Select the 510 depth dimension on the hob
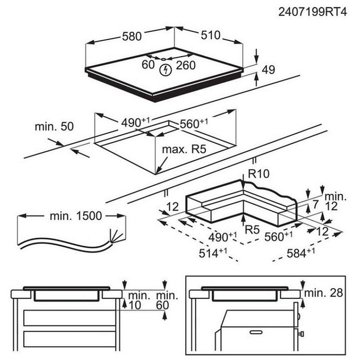pyautogui.click(x=209, y=35)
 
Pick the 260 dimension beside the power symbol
pyautogui.click(x=185, y=65)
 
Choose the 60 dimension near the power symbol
pyautogui.click(x=148, y=65)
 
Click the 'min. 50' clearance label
pyautogui.click(x=54, y=127)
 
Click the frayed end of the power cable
pyautogui.click(x=117, y=237)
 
